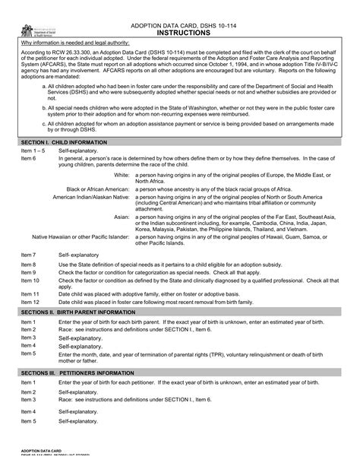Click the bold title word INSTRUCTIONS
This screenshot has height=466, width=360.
[179, 34]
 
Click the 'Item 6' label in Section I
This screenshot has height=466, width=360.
[28, 157]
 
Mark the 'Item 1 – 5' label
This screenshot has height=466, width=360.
[33, 151]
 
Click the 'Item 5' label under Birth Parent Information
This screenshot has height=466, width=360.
[28, 353]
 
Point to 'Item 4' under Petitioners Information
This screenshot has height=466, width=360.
[28, 411]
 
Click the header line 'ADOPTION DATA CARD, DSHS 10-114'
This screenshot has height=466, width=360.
[179, 26]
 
